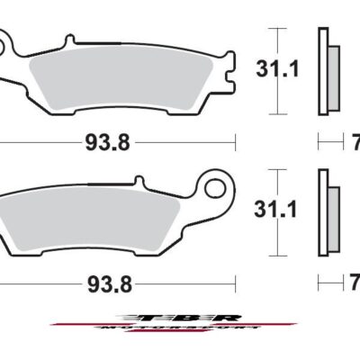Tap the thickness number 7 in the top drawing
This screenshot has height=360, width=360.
(354, 141)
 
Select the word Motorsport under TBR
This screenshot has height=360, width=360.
(180, 330)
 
